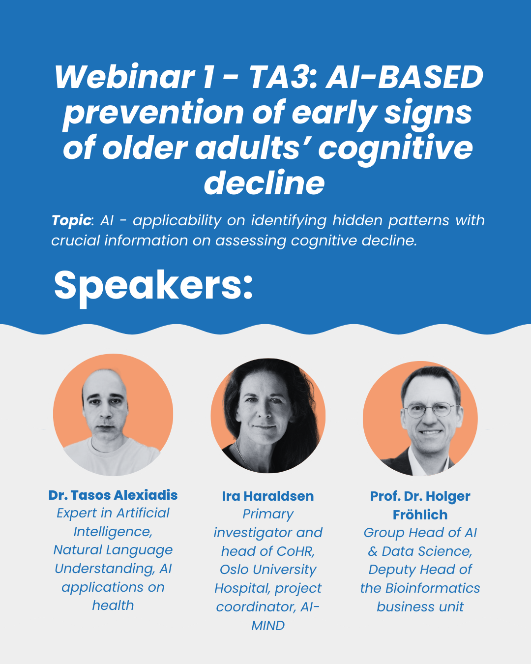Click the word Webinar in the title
click(x=125, y=77)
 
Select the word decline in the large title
click(x=265, y=183)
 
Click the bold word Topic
click(x=71, y=220)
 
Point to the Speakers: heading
click(x=153, y=286)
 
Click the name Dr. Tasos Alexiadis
click(x=113, y=495)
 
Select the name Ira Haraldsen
click(x=268, y=496)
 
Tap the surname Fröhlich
click(x=420, y=514)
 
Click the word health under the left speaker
click(x=113, y=605)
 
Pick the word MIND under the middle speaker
click(x=268, y=626)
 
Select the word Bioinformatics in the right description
click(x=433, y=588)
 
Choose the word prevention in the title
click(x=153, y=113)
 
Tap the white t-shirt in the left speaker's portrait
click(x=113, y=457)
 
